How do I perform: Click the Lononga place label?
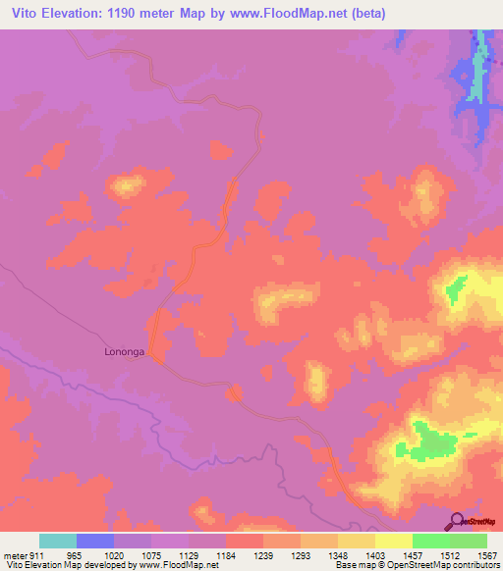(x=125, y=350)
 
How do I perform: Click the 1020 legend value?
(x=114, y=556)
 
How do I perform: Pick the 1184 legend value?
(x=226, y=556)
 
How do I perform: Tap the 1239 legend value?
(x=263, y=556)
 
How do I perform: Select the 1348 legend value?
(x=338, y=556)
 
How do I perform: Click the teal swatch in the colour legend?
(x=58, y=541)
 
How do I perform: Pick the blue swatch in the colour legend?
(x=95, y=541)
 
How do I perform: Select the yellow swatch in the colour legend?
(x=394, y=541)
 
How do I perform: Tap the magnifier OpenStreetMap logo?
(x=457, y=521)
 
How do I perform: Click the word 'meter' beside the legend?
(x=15, y=556)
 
